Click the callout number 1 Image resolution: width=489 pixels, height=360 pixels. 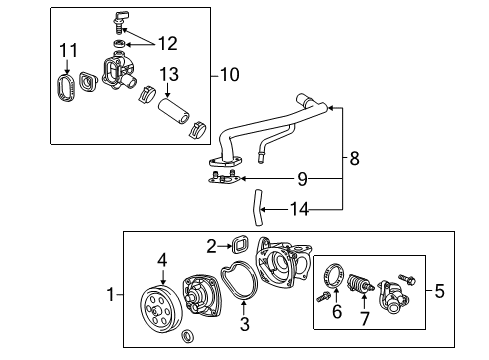(111, 294)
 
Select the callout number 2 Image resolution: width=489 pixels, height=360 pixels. (212, 245)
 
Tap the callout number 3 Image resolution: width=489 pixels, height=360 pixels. (244, 324)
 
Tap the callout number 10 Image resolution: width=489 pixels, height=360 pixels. (229, 74)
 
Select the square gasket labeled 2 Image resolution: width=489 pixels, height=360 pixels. (240, 243)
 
